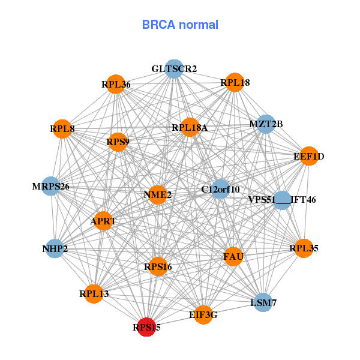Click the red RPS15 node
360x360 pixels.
pos(146,328)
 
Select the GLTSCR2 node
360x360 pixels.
pos(174,69)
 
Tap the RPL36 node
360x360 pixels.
pos(115,85)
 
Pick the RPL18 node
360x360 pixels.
pos(235,82)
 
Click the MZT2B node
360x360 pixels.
pos(266,124)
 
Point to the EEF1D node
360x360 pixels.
pos(308,157)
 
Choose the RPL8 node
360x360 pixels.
pos(62,128)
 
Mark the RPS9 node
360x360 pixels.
pos(118,142)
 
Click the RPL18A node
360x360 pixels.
pos(190,127)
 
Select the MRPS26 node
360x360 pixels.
pos(52,187)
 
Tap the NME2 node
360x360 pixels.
pos(157,195)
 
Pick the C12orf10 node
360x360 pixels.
pos(220,190)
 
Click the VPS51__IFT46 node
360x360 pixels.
pos(282,200)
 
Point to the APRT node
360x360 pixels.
pos(103,221)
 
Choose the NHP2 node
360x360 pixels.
pos(55,248)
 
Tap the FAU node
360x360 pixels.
pos(233,257)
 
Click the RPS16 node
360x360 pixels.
pos(158,266)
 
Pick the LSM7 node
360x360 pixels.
pos(263,303)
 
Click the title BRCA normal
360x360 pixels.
pos(180,25)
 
